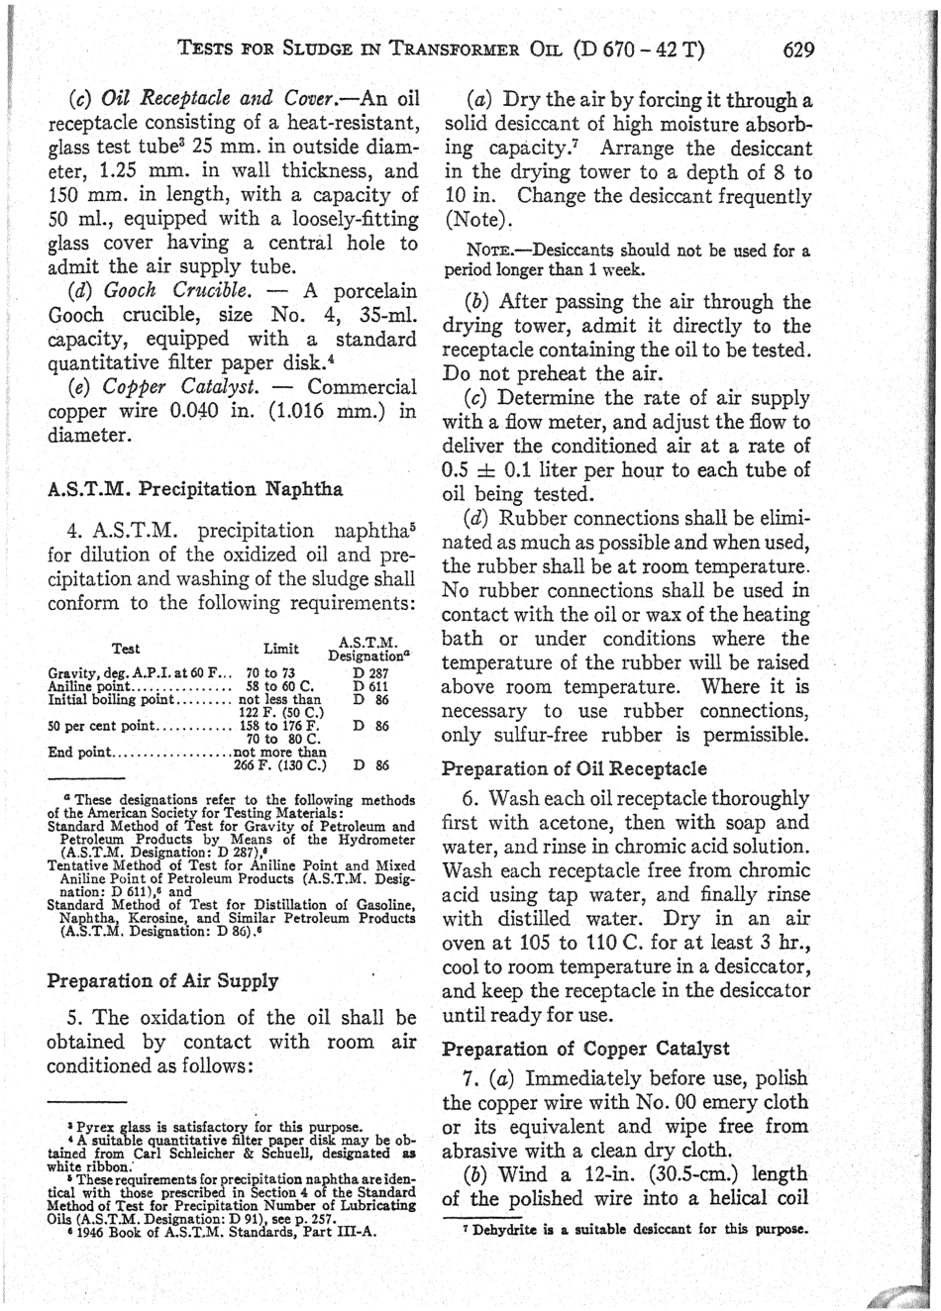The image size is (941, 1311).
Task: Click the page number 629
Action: (798, 49)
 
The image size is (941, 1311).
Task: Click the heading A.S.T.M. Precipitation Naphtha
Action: (195, 488)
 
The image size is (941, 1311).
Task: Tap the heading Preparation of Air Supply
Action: (162, 980)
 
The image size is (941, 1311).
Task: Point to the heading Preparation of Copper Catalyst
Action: (585, 1049)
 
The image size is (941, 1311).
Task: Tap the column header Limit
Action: (281, 650)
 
